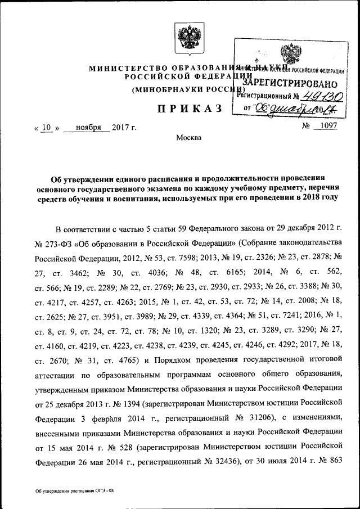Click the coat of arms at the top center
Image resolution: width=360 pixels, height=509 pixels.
pyautogui.click(x=183, y=37)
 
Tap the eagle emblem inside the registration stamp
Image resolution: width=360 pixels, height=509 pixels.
pyautogui.click(x=291, y=55)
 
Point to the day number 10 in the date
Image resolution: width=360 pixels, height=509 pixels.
pyautogui.click(x=47, y=127)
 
